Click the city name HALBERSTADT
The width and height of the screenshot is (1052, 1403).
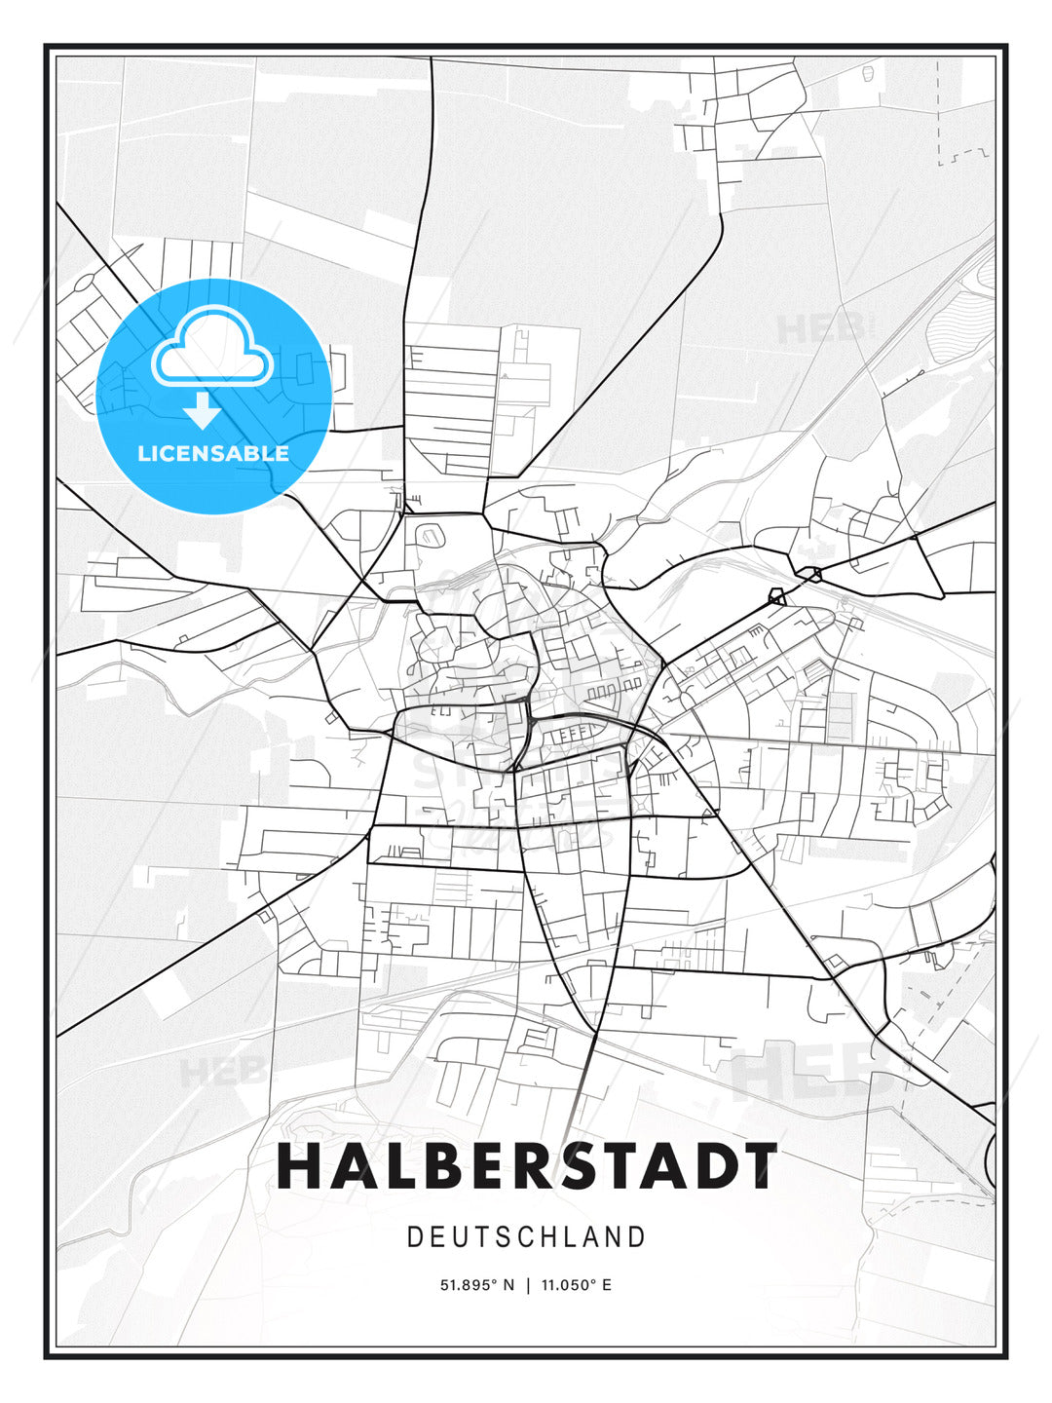coord(527,1166)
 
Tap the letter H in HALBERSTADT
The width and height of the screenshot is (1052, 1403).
coord(299,1166)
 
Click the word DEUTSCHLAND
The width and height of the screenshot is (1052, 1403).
coord(527,1237)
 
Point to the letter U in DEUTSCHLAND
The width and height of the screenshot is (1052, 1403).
coord(461,1237)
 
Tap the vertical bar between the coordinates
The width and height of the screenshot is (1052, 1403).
coord(527,1285)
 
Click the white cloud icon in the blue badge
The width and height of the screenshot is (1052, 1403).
coord(212,347)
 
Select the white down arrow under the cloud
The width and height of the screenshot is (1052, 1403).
coord(203,411)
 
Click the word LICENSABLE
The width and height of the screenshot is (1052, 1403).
coord(213,453)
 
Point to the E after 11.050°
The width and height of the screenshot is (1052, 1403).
coord(607,1285)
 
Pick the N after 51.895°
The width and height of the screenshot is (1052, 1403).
coord(507,1285)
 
